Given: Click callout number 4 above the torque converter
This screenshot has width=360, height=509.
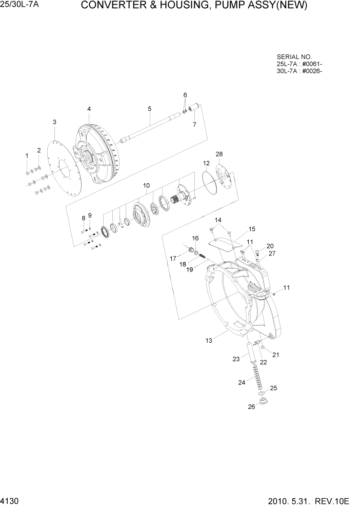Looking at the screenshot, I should pos(89,109).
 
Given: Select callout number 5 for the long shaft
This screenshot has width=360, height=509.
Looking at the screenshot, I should pos(149,109).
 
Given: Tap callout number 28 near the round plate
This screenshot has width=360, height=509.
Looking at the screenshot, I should pos(219,154).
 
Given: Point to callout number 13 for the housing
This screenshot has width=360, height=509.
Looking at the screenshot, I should pos(209,340).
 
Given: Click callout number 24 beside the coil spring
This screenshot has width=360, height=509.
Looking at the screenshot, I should pos(242,382).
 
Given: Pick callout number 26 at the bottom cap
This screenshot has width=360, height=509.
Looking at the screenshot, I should pos(251,407).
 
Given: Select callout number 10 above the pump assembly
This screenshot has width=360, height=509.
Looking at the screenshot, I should pos(146,185).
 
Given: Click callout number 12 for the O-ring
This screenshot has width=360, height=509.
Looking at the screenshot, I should pos(206,163).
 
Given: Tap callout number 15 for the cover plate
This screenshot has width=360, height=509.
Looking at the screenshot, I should pos(252,229).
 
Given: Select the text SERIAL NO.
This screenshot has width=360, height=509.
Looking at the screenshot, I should pos(294,57).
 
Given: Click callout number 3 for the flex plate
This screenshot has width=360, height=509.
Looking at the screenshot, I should pos(54,122).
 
